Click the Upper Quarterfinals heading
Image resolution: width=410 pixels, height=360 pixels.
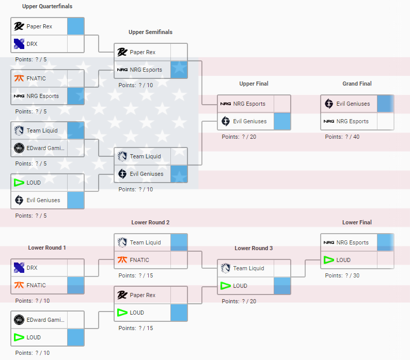pyautogui.click(x=47, y=6)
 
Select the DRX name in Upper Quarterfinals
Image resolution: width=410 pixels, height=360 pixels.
pyautogui.click(x=32, y=44)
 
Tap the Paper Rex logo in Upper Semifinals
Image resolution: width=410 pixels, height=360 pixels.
pyautogui.click(x=122, y=52)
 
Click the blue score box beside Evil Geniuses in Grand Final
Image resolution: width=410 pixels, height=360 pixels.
pyautogui.click(x=385, y=104)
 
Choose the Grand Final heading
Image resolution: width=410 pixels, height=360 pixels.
pyautogui.click(x=357, y=84)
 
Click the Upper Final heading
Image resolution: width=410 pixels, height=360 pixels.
pyautogui.click(x=254, y=84)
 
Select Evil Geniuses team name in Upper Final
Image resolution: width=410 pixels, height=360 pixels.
pyautogui.click(x=250, y=121)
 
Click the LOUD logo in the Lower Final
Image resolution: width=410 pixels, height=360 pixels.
pyautogui.click(x=329, y=260)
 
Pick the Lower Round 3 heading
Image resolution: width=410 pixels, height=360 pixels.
pyautogui.click(x=254, y=248)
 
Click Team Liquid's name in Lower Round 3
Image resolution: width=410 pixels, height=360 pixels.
pyautogui.click(x=249, y=268)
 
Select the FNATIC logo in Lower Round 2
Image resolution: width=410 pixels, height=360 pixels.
pyautogui.click(x=122, y=260)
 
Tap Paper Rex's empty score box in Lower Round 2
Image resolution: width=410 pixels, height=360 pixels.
pyautogui.click(x=179, y=295)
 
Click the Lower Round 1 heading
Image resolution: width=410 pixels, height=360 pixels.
pyautogui.click(x=47, y=248)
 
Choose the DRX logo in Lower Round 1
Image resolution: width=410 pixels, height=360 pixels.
pyautogui.click(x=19, y=268)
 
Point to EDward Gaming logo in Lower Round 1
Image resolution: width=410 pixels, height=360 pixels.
pyautogui.click(x=19, y=320)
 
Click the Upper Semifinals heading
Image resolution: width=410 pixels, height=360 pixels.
pyautogui.click(x=150, y=32)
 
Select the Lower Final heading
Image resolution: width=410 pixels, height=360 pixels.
pyautogui.click(x=357, y=222)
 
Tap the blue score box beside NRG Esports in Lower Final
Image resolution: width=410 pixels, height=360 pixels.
pyautogui.click(x=385, y=242)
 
